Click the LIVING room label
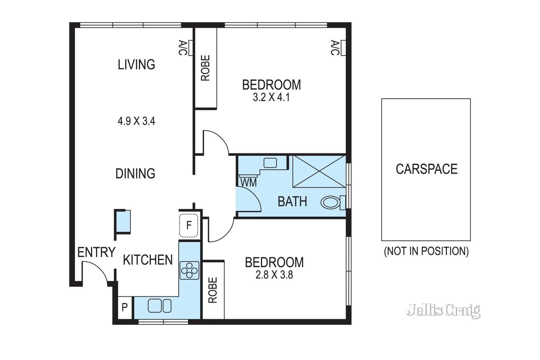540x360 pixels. pos(136,64)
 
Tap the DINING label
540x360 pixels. pos(135,173)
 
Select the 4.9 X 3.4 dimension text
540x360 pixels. pos(136,121)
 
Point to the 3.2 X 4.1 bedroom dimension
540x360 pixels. pos(271,98)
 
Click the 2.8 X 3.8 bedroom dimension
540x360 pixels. pos(274,275)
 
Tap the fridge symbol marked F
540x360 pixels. pos(189,225)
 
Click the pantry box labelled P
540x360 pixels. pos(125,307)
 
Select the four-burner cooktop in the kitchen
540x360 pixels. pos(189,270)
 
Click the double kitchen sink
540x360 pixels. pos(160,306)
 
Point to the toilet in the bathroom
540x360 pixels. pos(333,203)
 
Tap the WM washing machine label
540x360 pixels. pos(248,183)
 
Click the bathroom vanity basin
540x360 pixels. pos(270,163)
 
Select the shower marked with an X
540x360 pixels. pos(319,171)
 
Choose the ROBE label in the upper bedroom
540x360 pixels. pos(206,68)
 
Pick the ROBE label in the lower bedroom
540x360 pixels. pos(213,290)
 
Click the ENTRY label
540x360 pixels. pos(96,252)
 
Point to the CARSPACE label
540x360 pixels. pos(427,169)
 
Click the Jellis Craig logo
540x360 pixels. pos(443,311)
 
